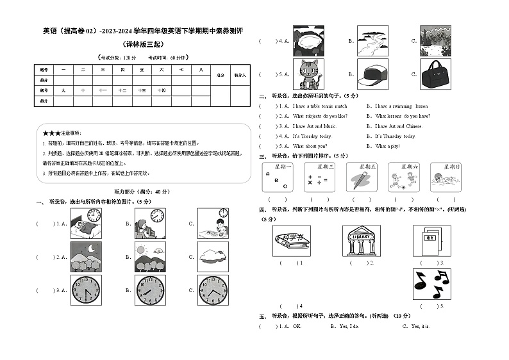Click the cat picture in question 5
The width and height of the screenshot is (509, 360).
(309, 74)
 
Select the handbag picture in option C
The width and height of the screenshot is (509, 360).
(436, 74)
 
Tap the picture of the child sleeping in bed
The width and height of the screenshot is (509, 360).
(85, 223)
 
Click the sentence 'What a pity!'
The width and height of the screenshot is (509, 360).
(389, 146)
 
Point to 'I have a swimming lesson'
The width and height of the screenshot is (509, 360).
(401, 106)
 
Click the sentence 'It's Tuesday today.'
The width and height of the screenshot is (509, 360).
(312, 136)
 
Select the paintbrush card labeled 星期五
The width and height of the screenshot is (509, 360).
(362, 177)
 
